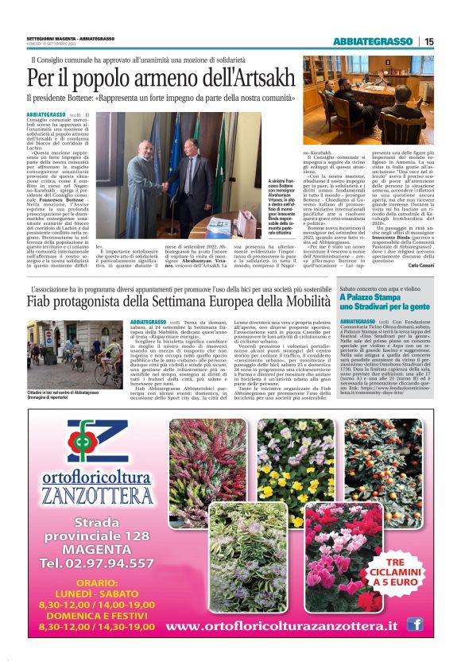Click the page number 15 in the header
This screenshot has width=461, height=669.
[429, 41]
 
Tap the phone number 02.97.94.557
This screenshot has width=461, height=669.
[101, 563]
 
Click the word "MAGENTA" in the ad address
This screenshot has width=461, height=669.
[97, 549]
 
